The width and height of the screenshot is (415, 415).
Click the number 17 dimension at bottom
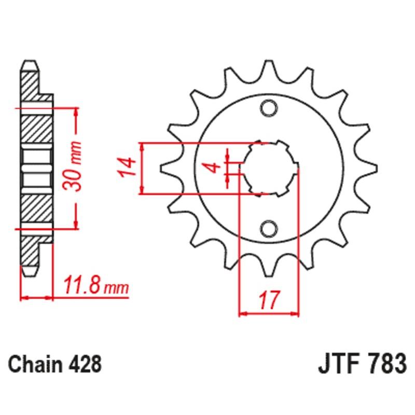click(x=269, y=300)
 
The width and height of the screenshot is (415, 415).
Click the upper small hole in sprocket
click(x=269, y=108)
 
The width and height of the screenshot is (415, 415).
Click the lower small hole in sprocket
click(x=269, y=228)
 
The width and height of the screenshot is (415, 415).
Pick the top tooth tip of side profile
click(x=30, y=63)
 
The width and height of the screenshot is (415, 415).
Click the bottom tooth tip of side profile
click(x=30, y=272)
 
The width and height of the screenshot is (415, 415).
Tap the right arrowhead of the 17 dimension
click(x=296, y=313)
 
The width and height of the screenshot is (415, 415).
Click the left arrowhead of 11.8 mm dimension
click(x=24, y=298)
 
